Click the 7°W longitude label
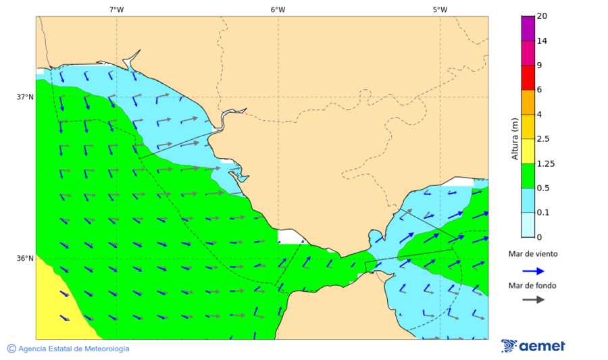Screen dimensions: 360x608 tap(116, 9)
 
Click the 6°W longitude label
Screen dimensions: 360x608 tap(278, 9)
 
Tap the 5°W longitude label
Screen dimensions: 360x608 tap(440, 9)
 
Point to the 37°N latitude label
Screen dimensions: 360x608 tap(25, 97)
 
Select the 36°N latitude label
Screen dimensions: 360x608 tap(25, 258)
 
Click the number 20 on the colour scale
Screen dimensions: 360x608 tap(542, 16)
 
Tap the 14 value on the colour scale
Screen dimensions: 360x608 tap(542, 41)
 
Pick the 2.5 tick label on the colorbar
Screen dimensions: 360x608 tap(543, 139)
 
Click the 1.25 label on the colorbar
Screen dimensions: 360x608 tap(544, 163)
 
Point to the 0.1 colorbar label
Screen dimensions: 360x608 tap(543, 213)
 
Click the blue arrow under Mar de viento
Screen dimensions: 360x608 tap(533, 271)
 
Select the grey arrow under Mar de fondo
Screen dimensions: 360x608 tap(533, 299)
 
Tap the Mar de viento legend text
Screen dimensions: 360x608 tap(533, 254)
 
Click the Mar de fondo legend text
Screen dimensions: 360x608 tap(533, 286)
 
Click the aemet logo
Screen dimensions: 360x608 tap(533, 346)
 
